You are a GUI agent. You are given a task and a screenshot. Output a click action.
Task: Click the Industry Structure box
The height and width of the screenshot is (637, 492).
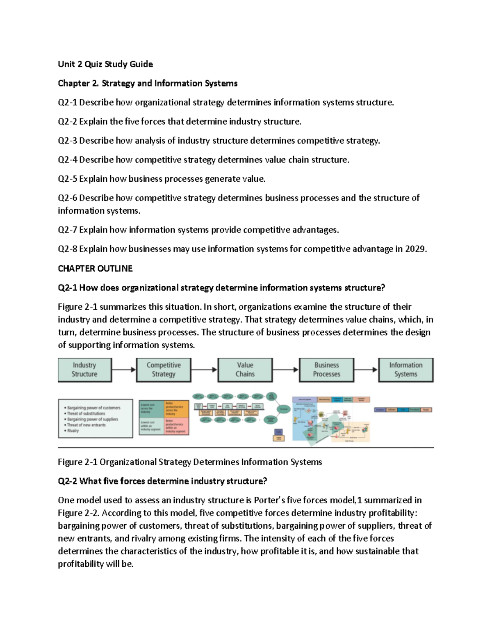[84, 370]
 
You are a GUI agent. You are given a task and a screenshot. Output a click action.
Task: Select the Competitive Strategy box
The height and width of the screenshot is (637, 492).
[164, 370]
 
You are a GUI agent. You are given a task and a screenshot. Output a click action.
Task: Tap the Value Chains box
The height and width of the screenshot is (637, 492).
[245, 370]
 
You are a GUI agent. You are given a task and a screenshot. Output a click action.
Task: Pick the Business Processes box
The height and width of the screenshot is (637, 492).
[326, 370]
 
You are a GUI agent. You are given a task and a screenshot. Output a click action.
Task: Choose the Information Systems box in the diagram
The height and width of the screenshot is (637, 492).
[405, 370]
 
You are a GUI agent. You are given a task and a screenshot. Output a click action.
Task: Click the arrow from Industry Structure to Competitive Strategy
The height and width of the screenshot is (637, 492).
[123, 370]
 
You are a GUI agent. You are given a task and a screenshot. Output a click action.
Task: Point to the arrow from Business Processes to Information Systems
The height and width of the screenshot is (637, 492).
[366, 370]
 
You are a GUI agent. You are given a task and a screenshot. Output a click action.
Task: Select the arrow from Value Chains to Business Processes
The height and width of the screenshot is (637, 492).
[286, 370]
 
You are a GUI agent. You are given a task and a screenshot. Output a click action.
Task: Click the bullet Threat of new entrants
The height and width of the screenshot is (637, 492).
[86, 425]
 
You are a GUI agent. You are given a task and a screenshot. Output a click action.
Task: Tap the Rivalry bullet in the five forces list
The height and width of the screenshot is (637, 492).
[73, 431]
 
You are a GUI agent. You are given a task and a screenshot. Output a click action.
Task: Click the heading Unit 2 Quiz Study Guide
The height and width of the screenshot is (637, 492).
[105, 64]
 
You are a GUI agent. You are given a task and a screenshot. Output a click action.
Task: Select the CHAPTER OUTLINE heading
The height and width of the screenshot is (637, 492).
[95, 269]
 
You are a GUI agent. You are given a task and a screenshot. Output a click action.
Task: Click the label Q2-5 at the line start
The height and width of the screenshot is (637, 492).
[67, 179]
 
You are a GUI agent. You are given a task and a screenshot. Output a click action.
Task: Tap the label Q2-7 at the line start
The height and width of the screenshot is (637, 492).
[67, 230]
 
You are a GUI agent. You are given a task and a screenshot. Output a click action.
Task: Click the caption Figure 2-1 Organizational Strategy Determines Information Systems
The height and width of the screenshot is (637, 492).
[190, 462]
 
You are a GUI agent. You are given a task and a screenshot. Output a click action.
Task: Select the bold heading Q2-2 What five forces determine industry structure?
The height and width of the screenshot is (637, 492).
[162, 481]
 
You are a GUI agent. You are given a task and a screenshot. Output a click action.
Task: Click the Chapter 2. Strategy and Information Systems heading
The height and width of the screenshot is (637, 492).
[148, 83]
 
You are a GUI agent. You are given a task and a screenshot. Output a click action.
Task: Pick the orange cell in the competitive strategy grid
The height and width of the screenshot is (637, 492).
[176, 409]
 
